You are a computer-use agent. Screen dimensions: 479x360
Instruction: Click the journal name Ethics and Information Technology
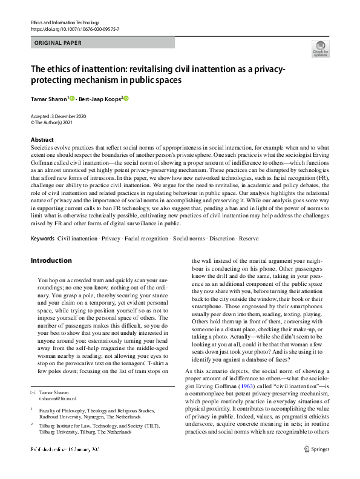65,22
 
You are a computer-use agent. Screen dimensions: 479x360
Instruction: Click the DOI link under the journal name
74,29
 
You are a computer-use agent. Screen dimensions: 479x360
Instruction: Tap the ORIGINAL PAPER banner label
58,44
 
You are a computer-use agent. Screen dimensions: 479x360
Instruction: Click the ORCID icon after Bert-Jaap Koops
126,98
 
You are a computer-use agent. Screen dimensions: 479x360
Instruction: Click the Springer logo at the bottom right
319,466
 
